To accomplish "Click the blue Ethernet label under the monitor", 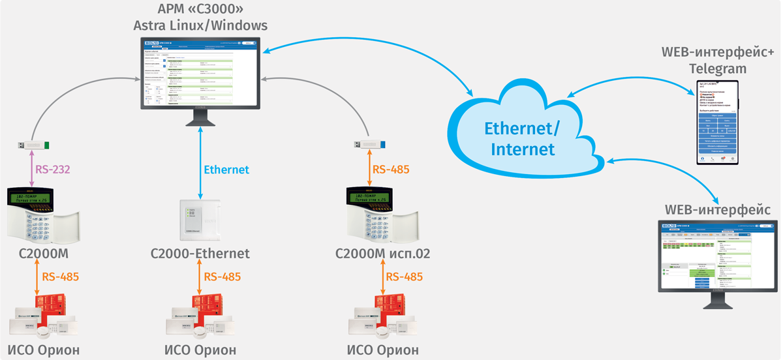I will (x=226, y=170).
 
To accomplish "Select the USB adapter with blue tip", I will (x=370, y=145).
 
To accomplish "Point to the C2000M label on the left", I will (x=44, y=253).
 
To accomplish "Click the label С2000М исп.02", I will (x=382, y=253).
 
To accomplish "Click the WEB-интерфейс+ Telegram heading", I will (x=717, y=60).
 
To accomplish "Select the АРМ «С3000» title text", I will (x=200, y=10).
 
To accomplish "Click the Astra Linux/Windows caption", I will (x=200, y=26).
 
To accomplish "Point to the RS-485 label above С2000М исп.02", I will (x=391, y=170).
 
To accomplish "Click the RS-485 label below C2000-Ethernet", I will (x=223, y=277).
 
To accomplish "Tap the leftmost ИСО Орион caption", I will (x=44, y=350).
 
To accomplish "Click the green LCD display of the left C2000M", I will (x=37, y=198).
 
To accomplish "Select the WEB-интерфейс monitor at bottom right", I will (x=717, y=258).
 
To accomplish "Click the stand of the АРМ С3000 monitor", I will (x=201, y=119).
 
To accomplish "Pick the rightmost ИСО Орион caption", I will (x=382, y=350).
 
